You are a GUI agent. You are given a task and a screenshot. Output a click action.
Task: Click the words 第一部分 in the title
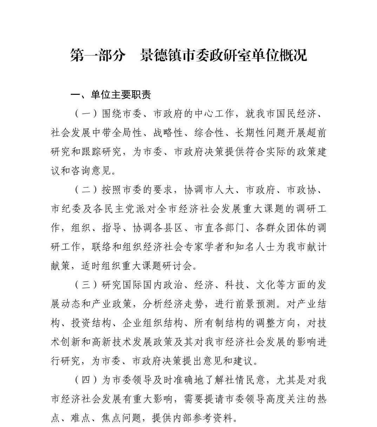pyautogui.click(x=98, y=55)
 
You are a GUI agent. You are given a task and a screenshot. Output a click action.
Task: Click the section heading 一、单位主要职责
pyautogui.click(x=111, y=95)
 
